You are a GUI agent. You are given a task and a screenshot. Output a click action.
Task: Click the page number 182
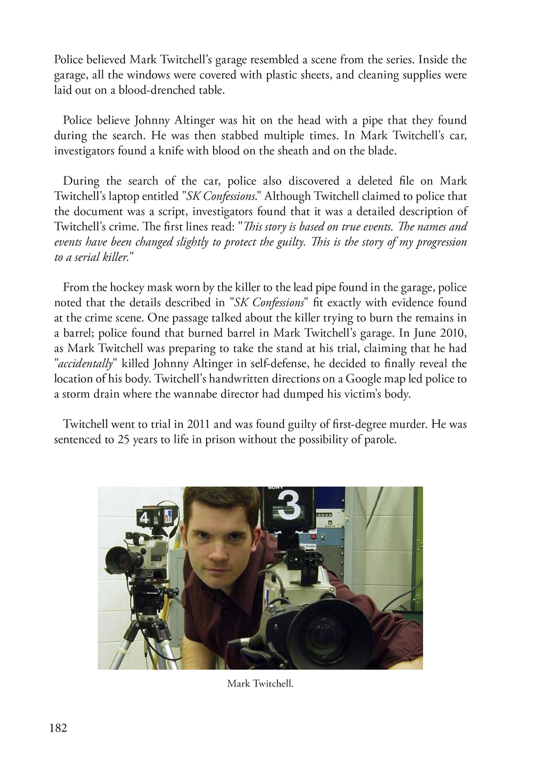pyautogui.click(x=58, y=728)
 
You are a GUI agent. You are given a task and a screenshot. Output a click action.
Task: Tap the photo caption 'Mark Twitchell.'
pyautogui.click(x=260, y=683)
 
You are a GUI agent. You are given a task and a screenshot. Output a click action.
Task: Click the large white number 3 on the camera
pyautogui.click(x=290, y=507)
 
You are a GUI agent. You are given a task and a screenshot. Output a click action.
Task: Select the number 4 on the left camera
pyautogui.click(x=144, y=518)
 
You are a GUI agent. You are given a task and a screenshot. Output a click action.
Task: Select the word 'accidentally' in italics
pyautogui.click(x=85, y=364)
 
